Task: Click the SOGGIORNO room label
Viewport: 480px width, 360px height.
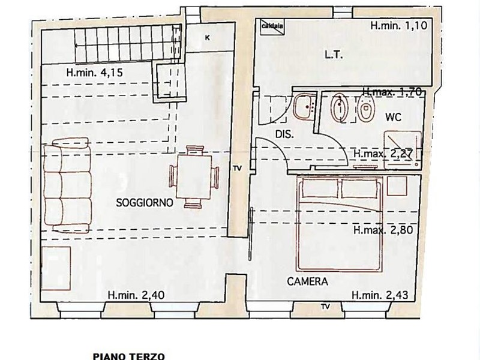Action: click(x=145, y=202)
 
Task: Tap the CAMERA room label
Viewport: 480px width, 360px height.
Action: click(x=307, y=281)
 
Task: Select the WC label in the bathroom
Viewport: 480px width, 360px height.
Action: click(x=394, y=117)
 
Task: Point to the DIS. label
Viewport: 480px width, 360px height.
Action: click(x=284, y=134)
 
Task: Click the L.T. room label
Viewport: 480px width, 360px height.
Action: click(x=334, y=55)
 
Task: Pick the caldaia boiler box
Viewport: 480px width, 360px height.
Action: click(x=272, y=25)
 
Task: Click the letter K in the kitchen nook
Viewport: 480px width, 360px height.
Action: click(x=208, y=38)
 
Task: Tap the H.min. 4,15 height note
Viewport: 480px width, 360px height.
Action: click(x=95, y=73)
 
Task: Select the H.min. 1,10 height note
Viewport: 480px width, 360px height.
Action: click(x=398, y=25)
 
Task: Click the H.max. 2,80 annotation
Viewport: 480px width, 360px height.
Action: click(x=383, y=230)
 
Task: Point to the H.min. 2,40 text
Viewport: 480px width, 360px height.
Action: click(x=136, y=295)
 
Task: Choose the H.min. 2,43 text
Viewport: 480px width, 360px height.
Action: click(x=380, y=295)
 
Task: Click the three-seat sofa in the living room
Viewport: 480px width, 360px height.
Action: click(x=67, y=185)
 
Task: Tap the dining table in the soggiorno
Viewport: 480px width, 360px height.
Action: click(x=194, y=177)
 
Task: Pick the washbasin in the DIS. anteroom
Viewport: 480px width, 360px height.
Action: click(x=304, y=107)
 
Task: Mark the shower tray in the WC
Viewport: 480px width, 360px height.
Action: click(x=403, y=149)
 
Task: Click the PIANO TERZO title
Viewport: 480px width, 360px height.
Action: click(x=129, y=356)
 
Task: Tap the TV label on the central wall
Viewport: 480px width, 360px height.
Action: click(x=237, y=168)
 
